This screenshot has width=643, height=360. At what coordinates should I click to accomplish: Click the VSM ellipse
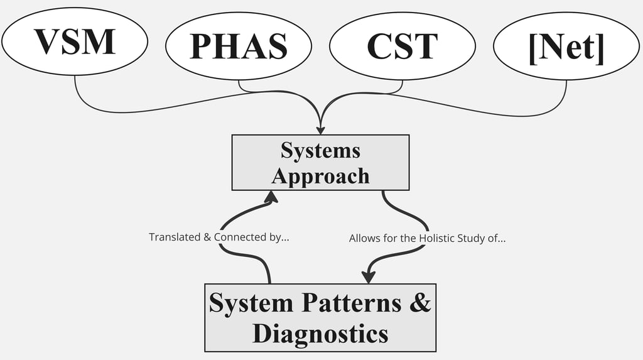click(75, 41)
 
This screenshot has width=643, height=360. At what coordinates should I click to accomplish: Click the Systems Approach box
click(320, 162)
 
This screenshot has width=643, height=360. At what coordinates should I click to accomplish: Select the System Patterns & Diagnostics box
click(320, 317)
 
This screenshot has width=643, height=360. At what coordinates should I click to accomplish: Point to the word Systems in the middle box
click(320, 150)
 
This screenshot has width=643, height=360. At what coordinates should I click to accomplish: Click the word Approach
click(320, 175)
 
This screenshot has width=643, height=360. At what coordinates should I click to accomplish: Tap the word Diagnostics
click(320, 333)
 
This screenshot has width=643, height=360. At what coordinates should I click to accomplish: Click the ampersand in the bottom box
click(421, 303)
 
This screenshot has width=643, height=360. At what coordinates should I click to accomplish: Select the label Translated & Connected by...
click(219, 237)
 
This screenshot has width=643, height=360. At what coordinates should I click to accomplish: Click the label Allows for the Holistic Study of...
click(427, 239)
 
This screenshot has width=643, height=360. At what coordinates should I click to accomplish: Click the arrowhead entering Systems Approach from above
click(321, 129)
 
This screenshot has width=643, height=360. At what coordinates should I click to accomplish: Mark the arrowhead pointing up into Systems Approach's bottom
click(271, 197)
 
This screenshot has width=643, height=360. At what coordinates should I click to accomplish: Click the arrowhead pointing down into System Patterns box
click(369, 277)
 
